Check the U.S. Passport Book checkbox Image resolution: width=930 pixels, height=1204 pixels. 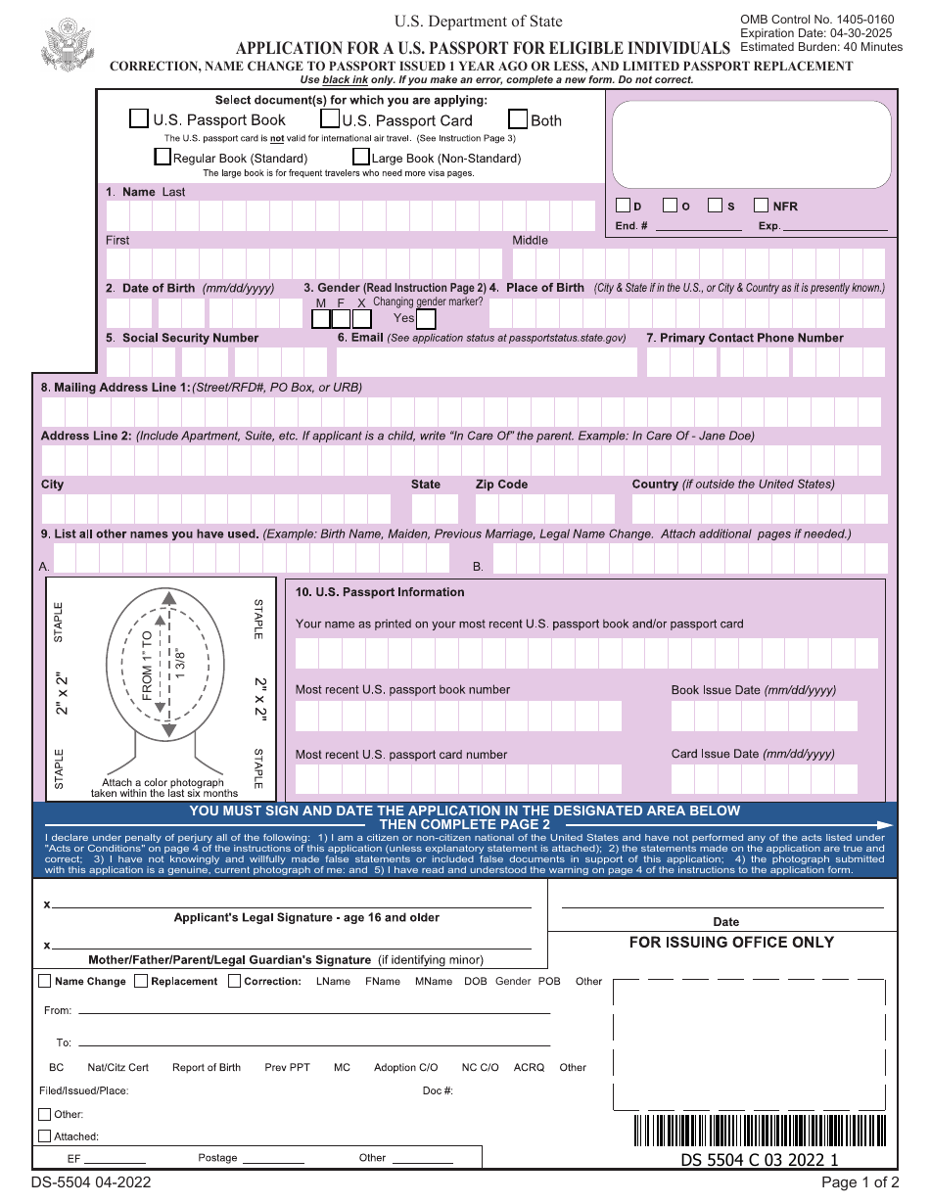coord(139,119)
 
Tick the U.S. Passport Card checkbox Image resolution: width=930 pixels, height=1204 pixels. coord(329,119)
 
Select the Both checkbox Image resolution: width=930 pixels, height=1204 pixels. coord(518,119)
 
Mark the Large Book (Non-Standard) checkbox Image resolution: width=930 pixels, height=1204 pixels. coord(360,157)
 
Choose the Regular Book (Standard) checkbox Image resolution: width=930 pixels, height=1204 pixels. coord(163,157)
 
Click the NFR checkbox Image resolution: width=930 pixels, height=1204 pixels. coord(761,206)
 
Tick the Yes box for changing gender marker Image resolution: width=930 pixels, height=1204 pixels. coord(426,318)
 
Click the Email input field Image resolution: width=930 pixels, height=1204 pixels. coord(486,362)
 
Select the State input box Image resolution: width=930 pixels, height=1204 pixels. coord(435,509)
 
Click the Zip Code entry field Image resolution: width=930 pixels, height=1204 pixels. coord(544,509)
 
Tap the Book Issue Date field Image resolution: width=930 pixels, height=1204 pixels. coord(764,717)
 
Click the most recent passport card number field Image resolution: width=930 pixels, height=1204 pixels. coord(458,779)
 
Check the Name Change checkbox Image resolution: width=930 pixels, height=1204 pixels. coord(45,981)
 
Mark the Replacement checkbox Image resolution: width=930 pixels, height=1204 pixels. coord(141,981)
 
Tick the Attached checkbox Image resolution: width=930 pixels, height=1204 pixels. coord(44,1136)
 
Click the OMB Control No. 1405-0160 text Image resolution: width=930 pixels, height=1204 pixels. coord(816,20)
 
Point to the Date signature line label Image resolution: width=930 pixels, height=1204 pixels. coord(725,922)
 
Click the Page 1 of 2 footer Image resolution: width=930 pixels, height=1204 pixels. coord(860,1181)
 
